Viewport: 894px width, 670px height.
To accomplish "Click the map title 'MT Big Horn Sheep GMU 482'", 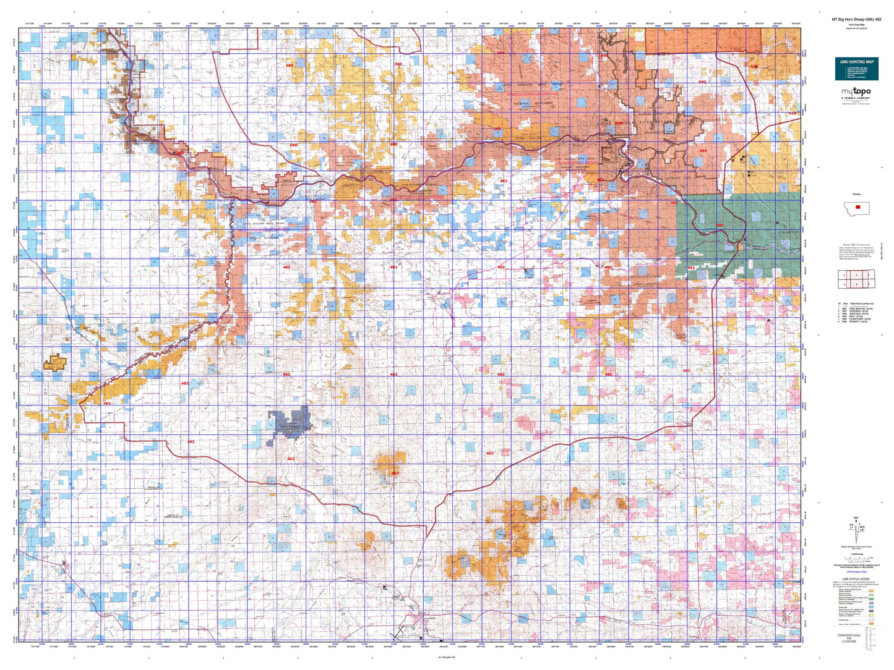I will coord(856,20).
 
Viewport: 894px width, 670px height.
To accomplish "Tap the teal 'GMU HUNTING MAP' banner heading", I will coord(857,62).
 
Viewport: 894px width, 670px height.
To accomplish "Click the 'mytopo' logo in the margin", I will coord(856,92).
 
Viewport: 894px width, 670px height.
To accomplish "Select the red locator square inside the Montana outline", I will coord(857,207).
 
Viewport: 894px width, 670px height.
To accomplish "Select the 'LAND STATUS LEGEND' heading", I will coord(856,579).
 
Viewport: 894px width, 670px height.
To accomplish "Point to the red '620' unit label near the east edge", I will coord(792,113).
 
